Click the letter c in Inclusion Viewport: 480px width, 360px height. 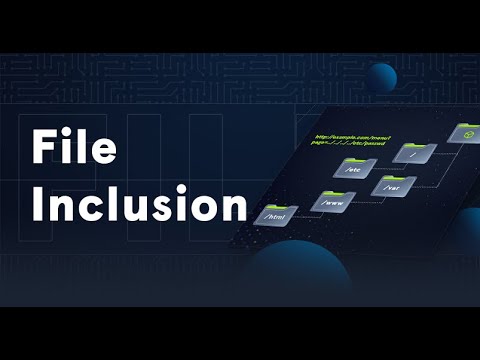100,206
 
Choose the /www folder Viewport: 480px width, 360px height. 332,201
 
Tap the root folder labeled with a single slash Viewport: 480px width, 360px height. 415,153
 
